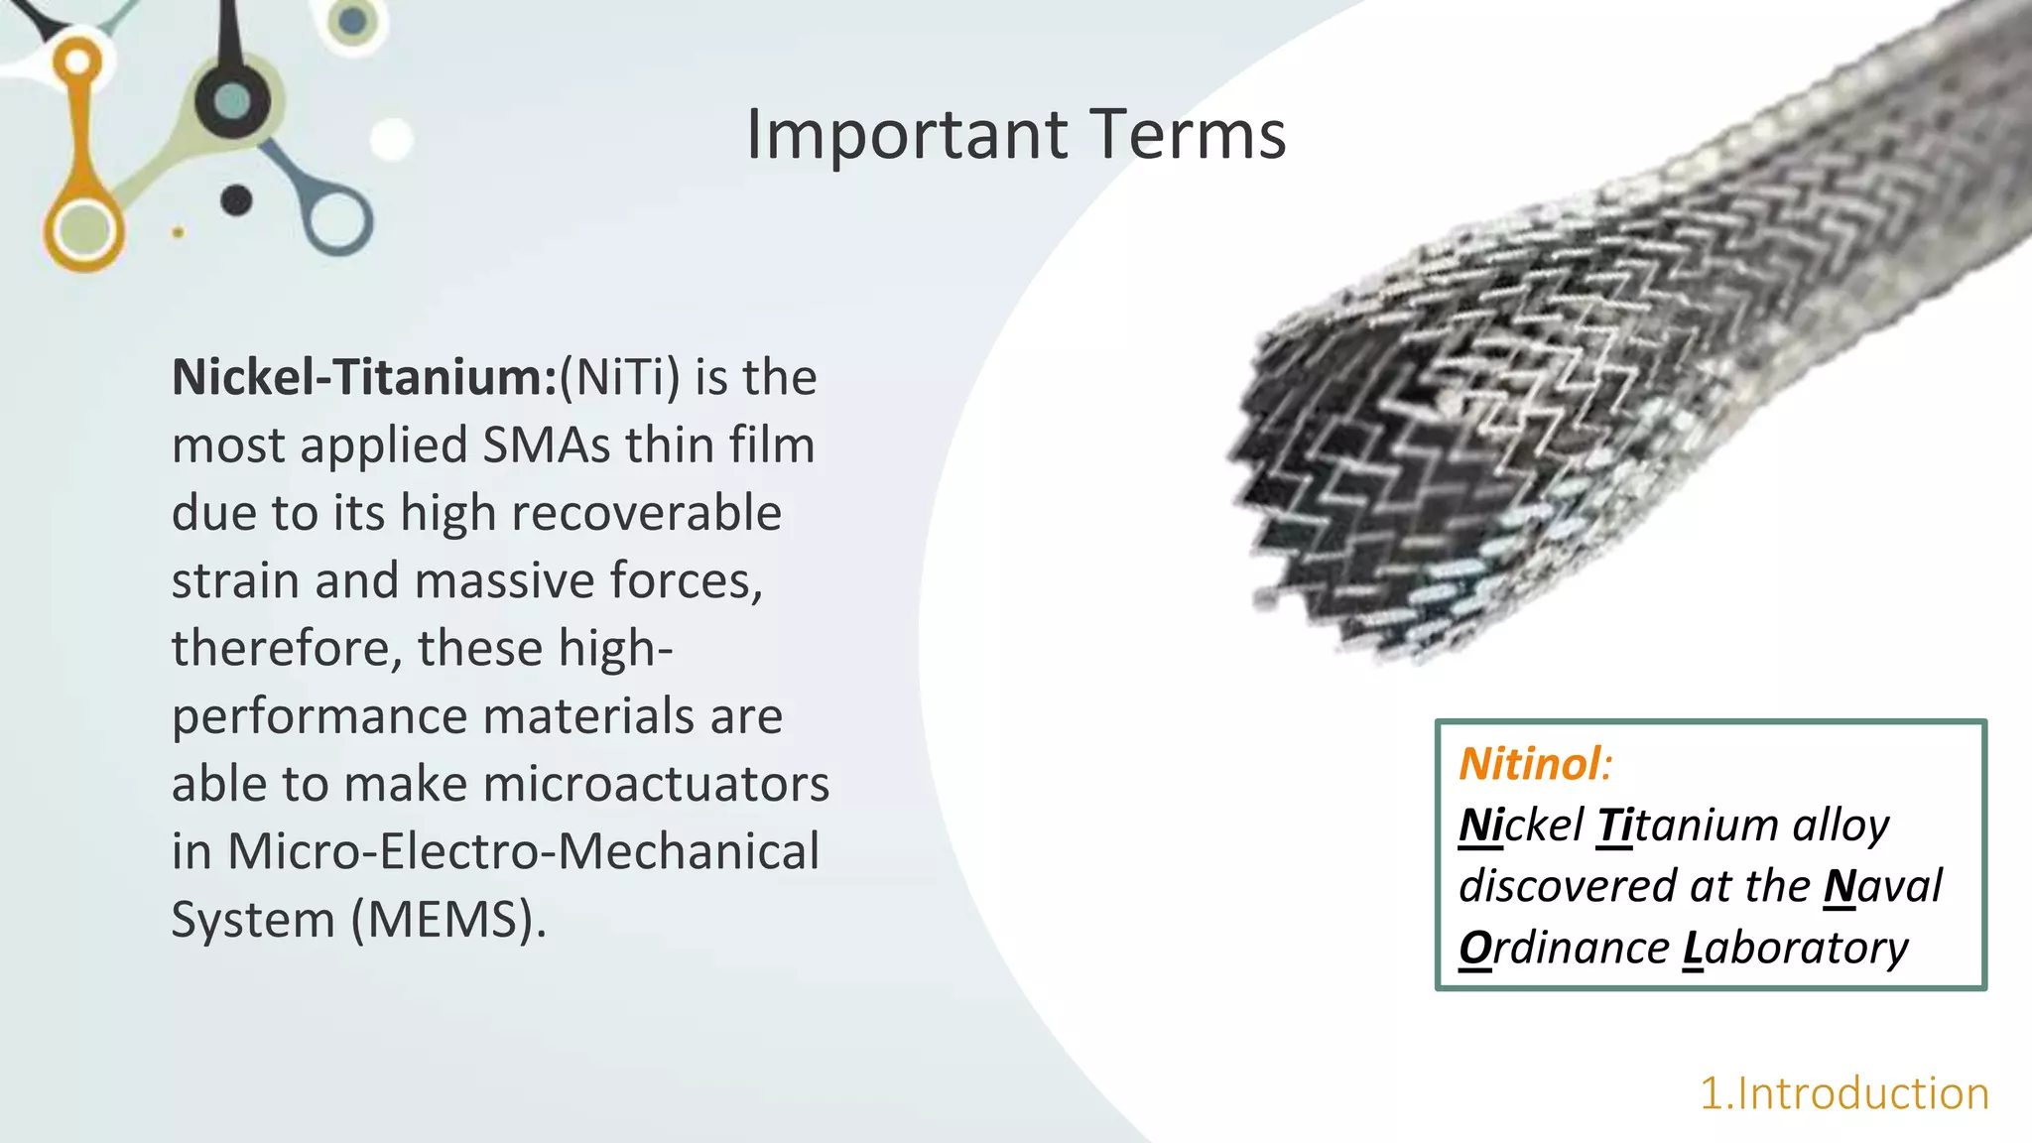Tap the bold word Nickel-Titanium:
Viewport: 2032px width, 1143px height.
364,378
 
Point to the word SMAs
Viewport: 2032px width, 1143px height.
546,445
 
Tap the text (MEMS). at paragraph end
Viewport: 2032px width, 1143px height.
449,920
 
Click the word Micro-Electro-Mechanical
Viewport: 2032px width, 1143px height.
523,852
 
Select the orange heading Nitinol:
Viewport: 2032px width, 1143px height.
1535,764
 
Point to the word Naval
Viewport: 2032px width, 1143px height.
1882,886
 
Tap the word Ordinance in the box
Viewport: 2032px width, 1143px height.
1564,948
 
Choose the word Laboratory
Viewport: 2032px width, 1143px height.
1795,948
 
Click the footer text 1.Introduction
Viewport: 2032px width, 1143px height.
1843,1093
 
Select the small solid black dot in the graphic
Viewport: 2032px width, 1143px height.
236,200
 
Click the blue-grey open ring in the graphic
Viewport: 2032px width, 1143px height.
338,220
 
